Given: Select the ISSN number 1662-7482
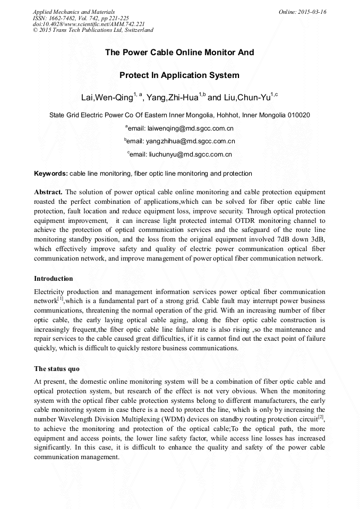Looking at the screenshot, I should click(x=60, y=18).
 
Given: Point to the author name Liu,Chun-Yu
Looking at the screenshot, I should click(x=246, y=97).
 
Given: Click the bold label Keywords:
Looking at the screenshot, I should click(x=51, y=174).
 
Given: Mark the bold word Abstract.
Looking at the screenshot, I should click(x=48, y=192).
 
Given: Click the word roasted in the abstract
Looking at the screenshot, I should click(x=47, y=202).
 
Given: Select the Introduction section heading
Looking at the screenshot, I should click(x=54, y=279).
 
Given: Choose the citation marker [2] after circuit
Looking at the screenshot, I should click(x=321, y=418).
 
